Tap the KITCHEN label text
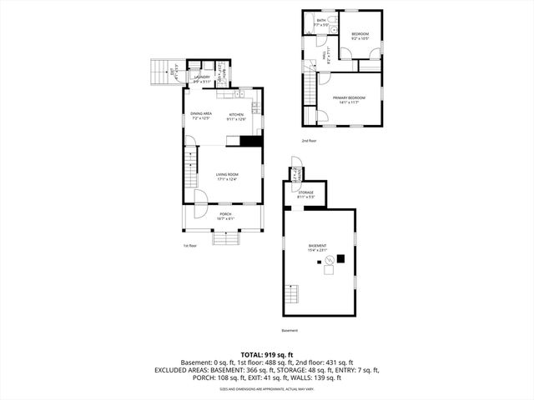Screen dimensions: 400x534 pos(237,116)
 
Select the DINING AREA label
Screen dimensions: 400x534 pos(201,116)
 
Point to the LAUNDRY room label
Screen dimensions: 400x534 pos(201,79)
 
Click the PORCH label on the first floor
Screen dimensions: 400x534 pos(225,216)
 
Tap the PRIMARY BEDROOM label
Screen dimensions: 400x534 pos(350,100)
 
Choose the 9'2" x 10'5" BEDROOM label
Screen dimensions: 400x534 pos(360,37)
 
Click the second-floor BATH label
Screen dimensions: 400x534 pos(321,22)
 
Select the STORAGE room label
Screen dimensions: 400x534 pos(305,195)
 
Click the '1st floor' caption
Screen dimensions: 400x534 pos(189,246)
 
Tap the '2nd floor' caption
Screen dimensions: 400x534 pos(310,141)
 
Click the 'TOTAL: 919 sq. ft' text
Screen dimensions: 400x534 pos(267,354)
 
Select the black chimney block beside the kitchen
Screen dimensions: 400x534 pos(250,141)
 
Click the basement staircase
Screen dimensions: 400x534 pos(291,295)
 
